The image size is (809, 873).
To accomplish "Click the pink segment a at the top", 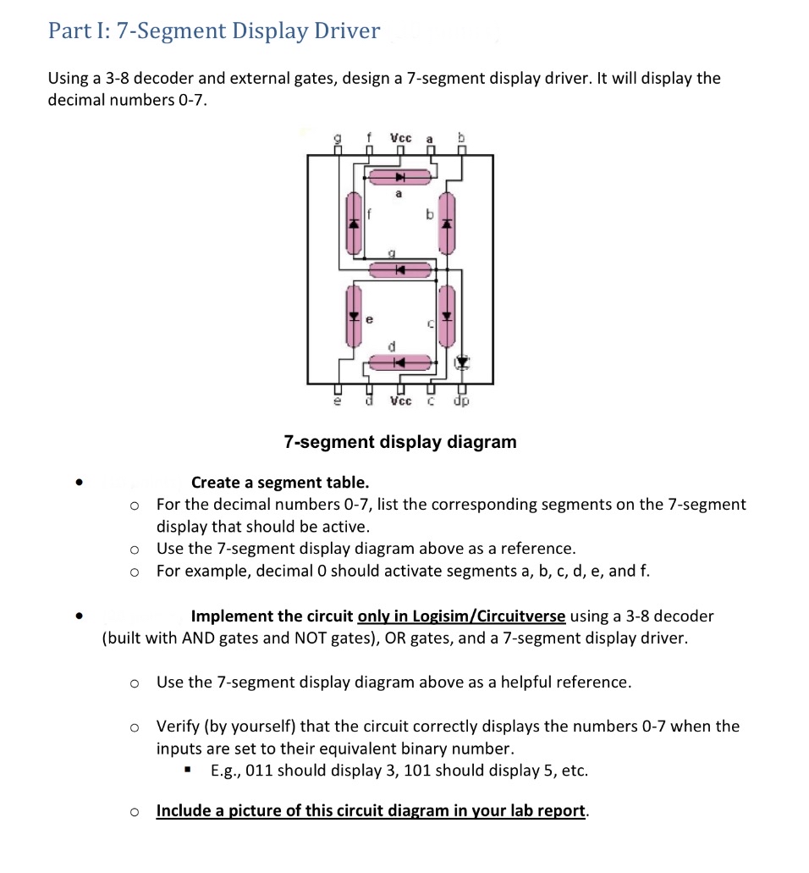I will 399,178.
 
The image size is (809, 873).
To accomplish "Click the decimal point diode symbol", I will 461,363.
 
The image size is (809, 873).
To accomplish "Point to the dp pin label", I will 461,401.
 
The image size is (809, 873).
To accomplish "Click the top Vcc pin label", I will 400,138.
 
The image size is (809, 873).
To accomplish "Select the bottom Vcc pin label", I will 400,401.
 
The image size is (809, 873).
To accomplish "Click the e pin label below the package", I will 338,401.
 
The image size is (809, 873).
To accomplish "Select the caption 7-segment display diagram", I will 399,442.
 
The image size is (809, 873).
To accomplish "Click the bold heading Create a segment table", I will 280,483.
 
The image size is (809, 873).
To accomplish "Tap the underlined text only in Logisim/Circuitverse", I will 462,616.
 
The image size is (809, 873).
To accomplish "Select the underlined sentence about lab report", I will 371,810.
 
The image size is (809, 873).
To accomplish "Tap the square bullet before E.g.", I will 188,771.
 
